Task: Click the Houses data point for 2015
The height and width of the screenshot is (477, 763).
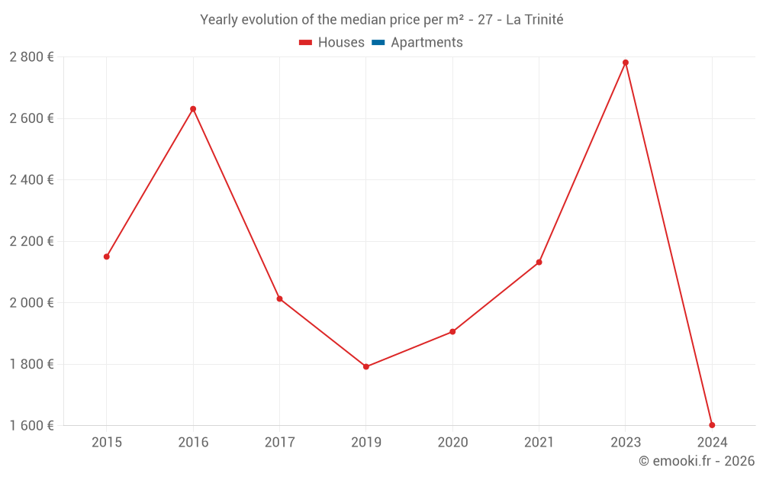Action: pos(107,256)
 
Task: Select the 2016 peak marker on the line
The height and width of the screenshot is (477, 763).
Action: pos(193,109)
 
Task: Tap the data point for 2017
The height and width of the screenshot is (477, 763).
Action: pos(279,298)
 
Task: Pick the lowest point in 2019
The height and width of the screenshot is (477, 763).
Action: pos(366,367)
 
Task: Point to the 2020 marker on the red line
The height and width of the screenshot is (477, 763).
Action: pos(452,332)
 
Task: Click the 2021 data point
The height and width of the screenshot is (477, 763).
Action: pos(539,263)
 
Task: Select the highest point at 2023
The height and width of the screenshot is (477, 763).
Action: pos(626,63)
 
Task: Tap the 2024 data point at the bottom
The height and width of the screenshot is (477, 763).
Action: pos(712,425)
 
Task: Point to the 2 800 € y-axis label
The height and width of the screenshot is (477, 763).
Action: pos(31,56)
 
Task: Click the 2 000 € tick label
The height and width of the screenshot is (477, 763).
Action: pos(31,302)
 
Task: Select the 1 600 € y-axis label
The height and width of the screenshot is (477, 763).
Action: pos(31,425)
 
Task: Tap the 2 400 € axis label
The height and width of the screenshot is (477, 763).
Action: pos(31,179)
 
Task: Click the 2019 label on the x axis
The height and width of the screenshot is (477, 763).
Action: pos(366,442)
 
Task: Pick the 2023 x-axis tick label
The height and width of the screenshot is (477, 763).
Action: pos(626,442)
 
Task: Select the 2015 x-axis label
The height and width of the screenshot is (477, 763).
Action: pos(107,442)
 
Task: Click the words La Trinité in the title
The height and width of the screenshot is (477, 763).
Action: pos(534,20)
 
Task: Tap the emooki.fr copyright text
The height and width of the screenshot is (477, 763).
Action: pos(697,461)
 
